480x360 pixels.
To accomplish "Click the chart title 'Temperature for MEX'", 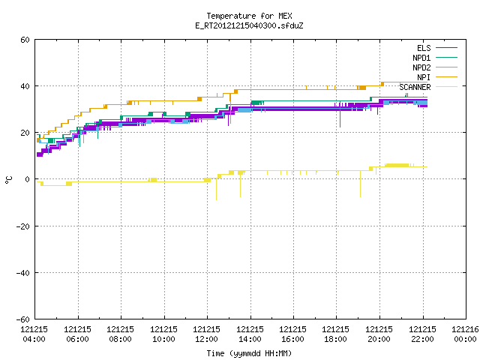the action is coord(249,16).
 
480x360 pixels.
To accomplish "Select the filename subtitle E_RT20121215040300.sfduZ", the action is coord(249,25).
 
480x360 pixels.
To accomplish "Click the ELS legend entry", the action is coord(436,48).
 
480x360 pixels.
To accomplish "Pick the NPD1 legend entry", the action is coord(435,58).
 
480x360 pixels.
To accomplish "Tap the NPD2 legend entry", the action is coord(435,67).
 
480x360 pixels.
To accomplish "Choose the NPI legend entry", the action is coord(436,77).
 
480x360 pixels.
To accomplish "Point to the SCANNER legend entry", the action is coord(428,87).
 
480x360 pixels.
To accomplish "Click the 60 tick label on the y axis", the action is coord(25,40).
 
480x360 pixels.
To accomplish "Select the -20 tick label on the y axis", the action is coord(23,226).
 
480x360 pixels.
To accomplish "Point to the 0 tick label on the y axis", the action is coord(28,179).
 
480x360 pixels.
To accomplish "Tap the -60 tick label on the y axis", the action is coord(23,319).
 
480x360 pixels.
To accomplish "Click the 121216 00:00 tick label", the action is coord(465,334).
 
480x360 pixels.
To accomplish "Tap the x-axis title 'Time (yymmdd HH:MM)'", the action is coord(249,353).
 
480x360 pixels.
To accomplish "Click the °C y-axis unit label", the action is coord(8,180).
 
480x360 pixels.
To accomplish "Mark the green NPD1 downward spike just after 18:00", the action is coord(340,114).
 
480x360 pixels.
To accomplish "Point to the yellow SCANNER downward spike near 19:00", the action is coord(360,184).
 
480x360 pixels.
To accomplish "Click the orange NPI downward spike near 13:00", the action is coord(230,108).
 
